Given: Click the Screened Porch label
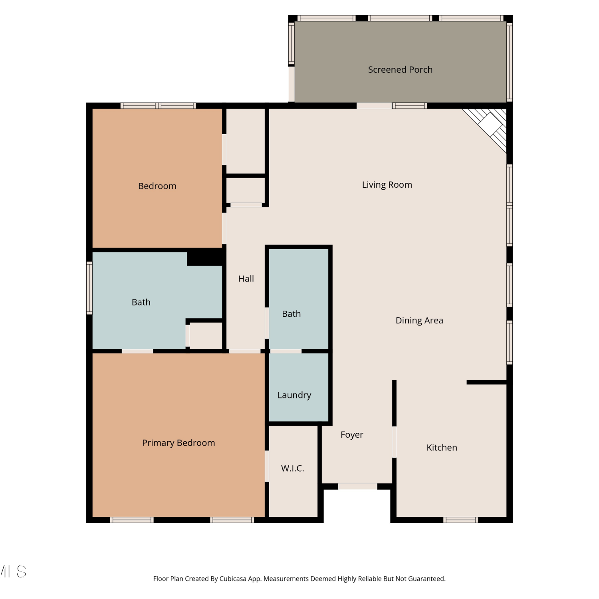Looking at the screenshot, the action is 400,70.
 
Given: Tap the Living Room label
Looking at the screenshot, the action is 387,185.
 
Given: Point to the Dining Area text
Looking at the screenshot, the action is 419,320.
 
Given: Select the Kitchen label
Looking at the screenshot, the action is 442,448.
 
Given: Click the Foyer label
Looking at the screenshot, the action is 352,435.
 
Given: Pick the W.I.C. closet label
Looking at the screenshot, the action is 293,468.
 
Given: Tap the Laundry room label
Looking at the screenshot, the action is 294,395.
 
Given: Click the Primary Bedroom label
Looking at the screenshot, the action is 179,443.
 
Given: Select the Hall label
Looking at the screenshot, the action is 246,279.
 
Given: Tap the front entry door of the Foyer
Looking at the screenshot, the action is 358,486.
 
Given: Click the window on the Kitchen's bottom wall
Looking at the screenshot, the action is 460,520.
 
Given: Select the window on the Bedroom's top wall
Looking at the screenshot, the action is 158,106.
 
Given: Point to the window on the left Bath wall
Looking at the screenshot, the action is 89,288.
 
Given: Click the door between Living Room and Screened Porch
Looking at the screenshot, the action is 374,106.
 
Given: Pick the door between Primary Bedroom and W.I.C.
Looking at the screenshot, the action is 267,466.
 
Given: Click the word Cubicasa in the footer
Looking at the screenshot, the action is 233,579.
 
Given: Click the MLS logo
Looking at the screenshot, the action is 13,571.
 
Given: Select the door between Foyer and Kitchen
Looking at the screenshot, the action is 394,442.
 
